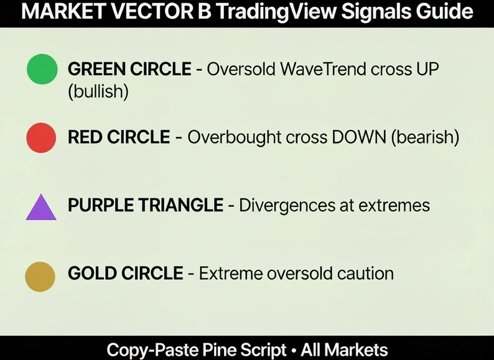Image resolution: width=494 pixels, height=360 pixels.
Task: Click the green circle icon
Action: coord(42,68)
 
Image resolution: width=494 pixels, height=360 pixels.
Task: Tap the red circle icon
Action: coord(42,137)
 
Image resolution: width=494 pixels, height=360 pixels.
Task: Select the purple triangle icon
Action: coord(41,208)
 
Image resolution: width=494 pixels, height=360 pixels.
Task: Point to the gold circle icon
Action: coord(40,276)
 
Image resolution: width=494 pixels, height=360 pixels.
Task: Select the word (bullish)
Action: coord(98,92)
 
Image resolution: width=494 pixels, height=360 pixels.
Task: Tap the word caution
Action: coord(360,273)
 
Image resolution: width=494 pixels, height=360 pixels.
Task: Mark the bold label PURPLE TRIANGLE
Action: coord(145,205)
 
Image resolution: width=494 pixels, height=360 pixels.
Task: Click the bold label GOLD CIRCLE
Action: coord(125,273)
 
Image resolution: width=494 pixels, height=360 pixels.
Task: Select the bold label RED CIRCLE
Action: coord(118,137)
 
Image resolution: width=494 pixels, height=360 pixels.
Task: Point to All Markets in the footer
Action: coord(345,349)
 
